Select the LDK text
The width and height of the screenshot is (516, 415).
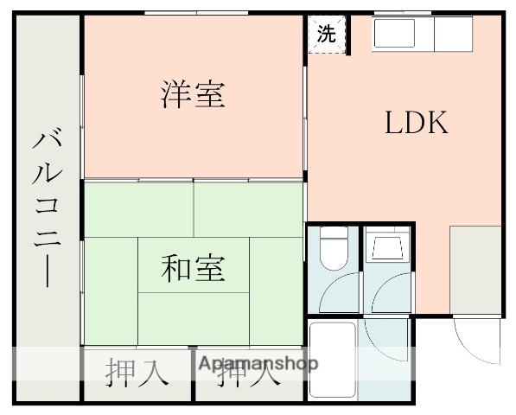416,124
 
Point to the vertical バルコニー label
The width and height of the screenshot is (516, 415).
48,207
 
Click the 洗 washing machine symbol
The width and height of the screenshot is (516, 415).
326,35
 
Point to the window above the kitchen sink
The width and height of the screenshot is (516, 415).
403,12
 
